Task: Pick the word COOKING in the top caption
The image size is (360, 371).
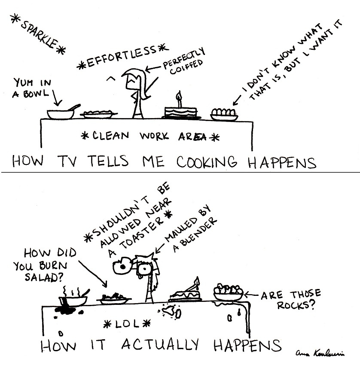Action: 210,163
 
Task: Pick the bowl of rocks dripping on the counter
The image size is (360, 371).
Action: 228,293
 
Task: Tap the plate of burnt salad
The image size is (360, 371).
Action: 113,298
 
